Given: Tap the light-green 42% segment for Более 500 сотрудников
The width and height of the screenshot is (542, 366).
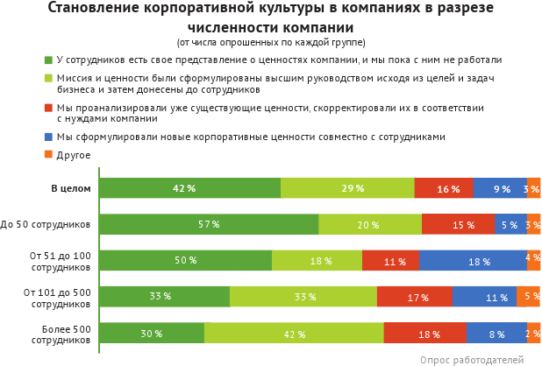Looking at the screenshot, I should [x=294, y=334].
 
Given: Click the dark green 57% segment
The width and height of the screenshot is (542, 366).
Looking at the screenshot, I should [x=209, y=224].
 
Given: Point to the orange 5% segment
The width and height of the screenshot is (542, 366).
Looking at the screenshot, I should [x=528, y=297].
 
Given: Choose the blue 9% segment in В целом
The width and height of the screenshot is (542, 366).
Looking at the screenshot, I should [x=500, y=188].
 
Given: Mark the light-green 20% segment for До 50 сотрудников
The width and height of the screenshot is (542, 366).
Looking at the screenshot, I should [x=369, y=224].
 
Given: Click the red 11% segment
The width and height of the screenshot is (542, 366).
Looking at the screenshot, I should [x=389, y=261].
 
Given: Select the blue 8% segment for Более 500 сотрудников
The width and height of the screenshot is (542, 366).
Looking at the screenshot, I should [x=496, y=334].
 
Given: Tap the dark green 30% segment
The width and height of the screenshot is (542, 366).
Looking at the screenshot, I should [x=152, y=334].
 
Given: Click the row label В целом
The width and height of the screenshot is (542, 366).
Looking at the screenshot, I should [x=70, y=188].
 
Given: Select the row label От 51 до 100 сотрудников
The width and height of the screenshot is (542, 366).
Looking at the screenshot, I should [x=61, y=261].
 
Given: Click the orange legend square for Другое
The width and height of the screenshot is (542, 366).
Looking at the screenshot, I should [x=48, y=154].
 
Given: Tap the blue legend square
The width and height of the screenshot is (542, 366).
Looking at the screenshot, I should [x=48, y=137].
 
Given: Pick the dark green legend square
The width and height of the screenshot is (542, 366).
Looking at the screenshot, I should [x=48, y=60].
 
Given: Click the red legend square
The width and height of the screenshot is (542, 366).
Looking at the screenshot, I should [x=48, y=108].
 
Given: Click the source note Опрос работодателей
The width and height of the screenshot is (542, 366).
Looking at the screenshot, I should [x=471, y=359].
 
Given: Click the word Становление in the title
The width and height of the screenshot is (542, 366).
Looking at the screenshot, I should [x=96, y=9].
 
